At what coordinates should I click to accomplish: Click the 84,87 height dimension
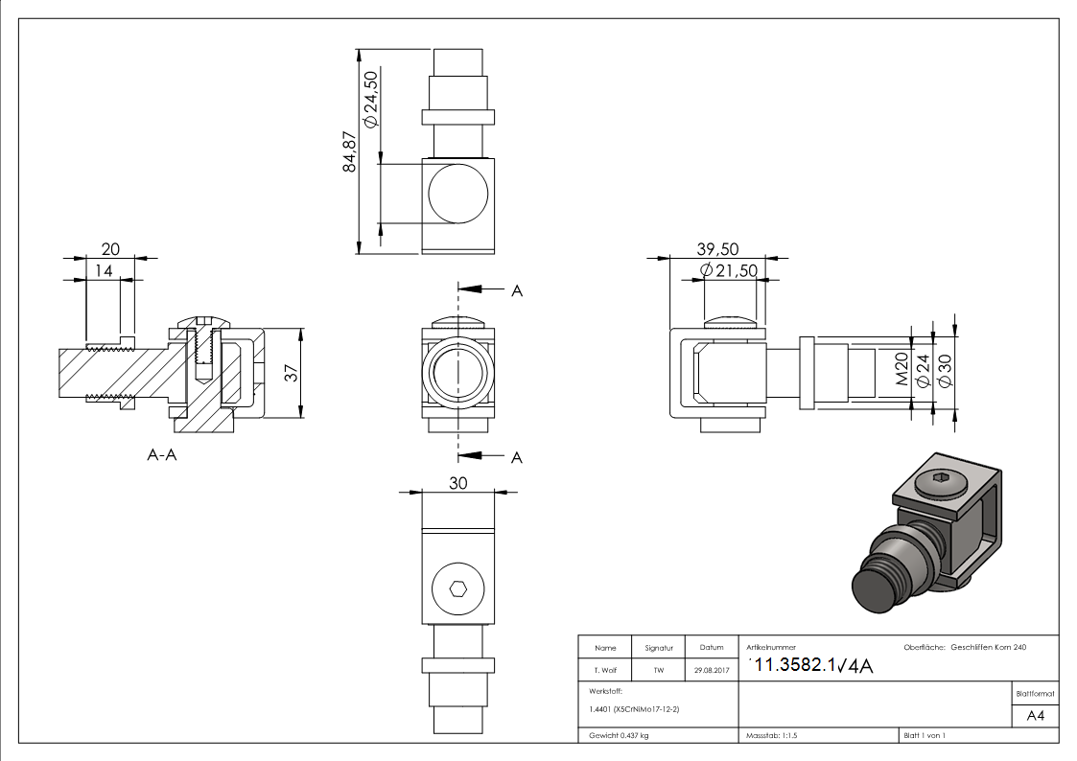point(350,151)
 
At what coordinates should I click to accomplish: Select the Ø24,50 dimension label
point(370,100)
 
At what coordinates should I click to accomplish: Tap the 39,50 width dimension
point(717,249)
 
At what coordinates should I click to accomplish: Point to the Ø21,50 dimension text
point(729,270)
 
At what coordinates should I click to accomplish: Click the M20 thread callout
point(901,368)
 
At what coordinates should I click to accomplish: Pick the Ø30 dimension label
point(945,371)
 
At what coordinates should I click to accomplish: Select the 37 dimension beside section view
point(292,373)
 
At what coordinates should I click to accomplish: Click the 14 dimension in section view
point(104,271)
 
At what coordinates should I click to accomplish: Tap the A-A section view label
point(162,454)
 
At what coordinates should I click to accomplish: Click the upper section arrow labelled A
point(490,289)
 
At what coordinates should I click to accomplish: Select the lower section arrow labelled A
point(490,456)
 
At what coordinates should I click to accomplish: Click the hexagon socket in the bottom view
point(458,588)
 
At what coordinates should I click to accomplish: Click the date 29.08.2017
point(712,670)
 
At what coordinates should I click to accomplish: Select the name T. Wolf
point(605,670)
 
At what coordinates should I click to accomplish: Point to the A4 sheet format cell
point(1035,716)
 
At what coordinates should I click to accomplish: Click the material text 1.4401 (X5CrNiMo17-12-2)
point(634,709)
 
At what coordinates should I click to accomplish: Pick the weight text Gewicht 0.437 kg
point(619,736)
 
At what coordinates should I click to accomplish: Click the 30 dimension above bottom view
point(458,483)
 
